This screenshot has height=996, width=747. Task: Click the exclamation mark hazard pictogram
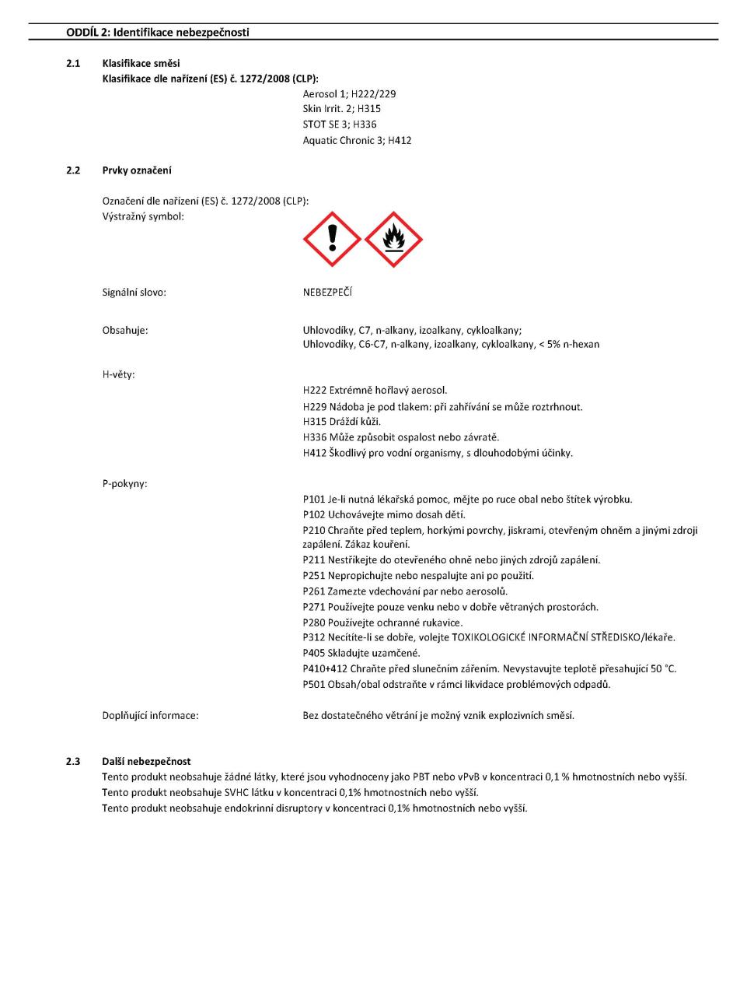[x=332, y=239]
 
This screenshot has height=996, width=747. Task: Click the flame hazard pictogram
[x=393, y=239]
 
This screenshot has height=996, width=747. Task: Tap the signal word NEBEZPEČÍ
[x=327, y=293]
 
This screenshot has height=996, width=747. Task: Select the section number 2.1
[x=73, y=63]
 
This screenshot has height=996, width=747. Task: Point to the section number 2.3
[x=73, y=761]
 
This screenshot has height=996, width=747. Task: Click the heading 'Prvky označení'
[x=137, y=170]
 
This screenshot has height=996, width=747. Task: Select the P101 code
[x=314, y=500]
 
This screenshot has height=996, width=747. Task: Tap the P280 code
[x=314, y=622]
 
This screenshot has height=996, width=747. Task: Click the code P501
[x=314, y=685]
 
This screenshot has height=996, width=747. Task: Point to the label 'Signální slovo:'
[x=134, y=293]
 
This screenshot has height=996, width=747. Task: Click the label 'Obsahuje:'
[x=125, y=330]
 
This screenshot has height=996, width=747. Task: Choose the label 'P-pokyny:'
[x=125, y=483]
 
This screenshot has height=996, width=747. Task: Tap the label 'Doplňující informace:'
[x=151, y=715]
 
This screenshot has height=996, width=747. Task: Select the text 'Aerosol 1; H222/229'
[x=349, y=93]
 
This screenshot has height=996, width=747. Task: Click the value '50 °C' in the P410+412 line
[x=663, y=668]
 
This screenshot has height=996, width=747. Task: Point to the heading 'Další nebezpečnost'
[x=146, y=761]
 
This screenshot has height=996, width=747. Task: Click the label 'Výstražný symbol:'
[x=143, y=216]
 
